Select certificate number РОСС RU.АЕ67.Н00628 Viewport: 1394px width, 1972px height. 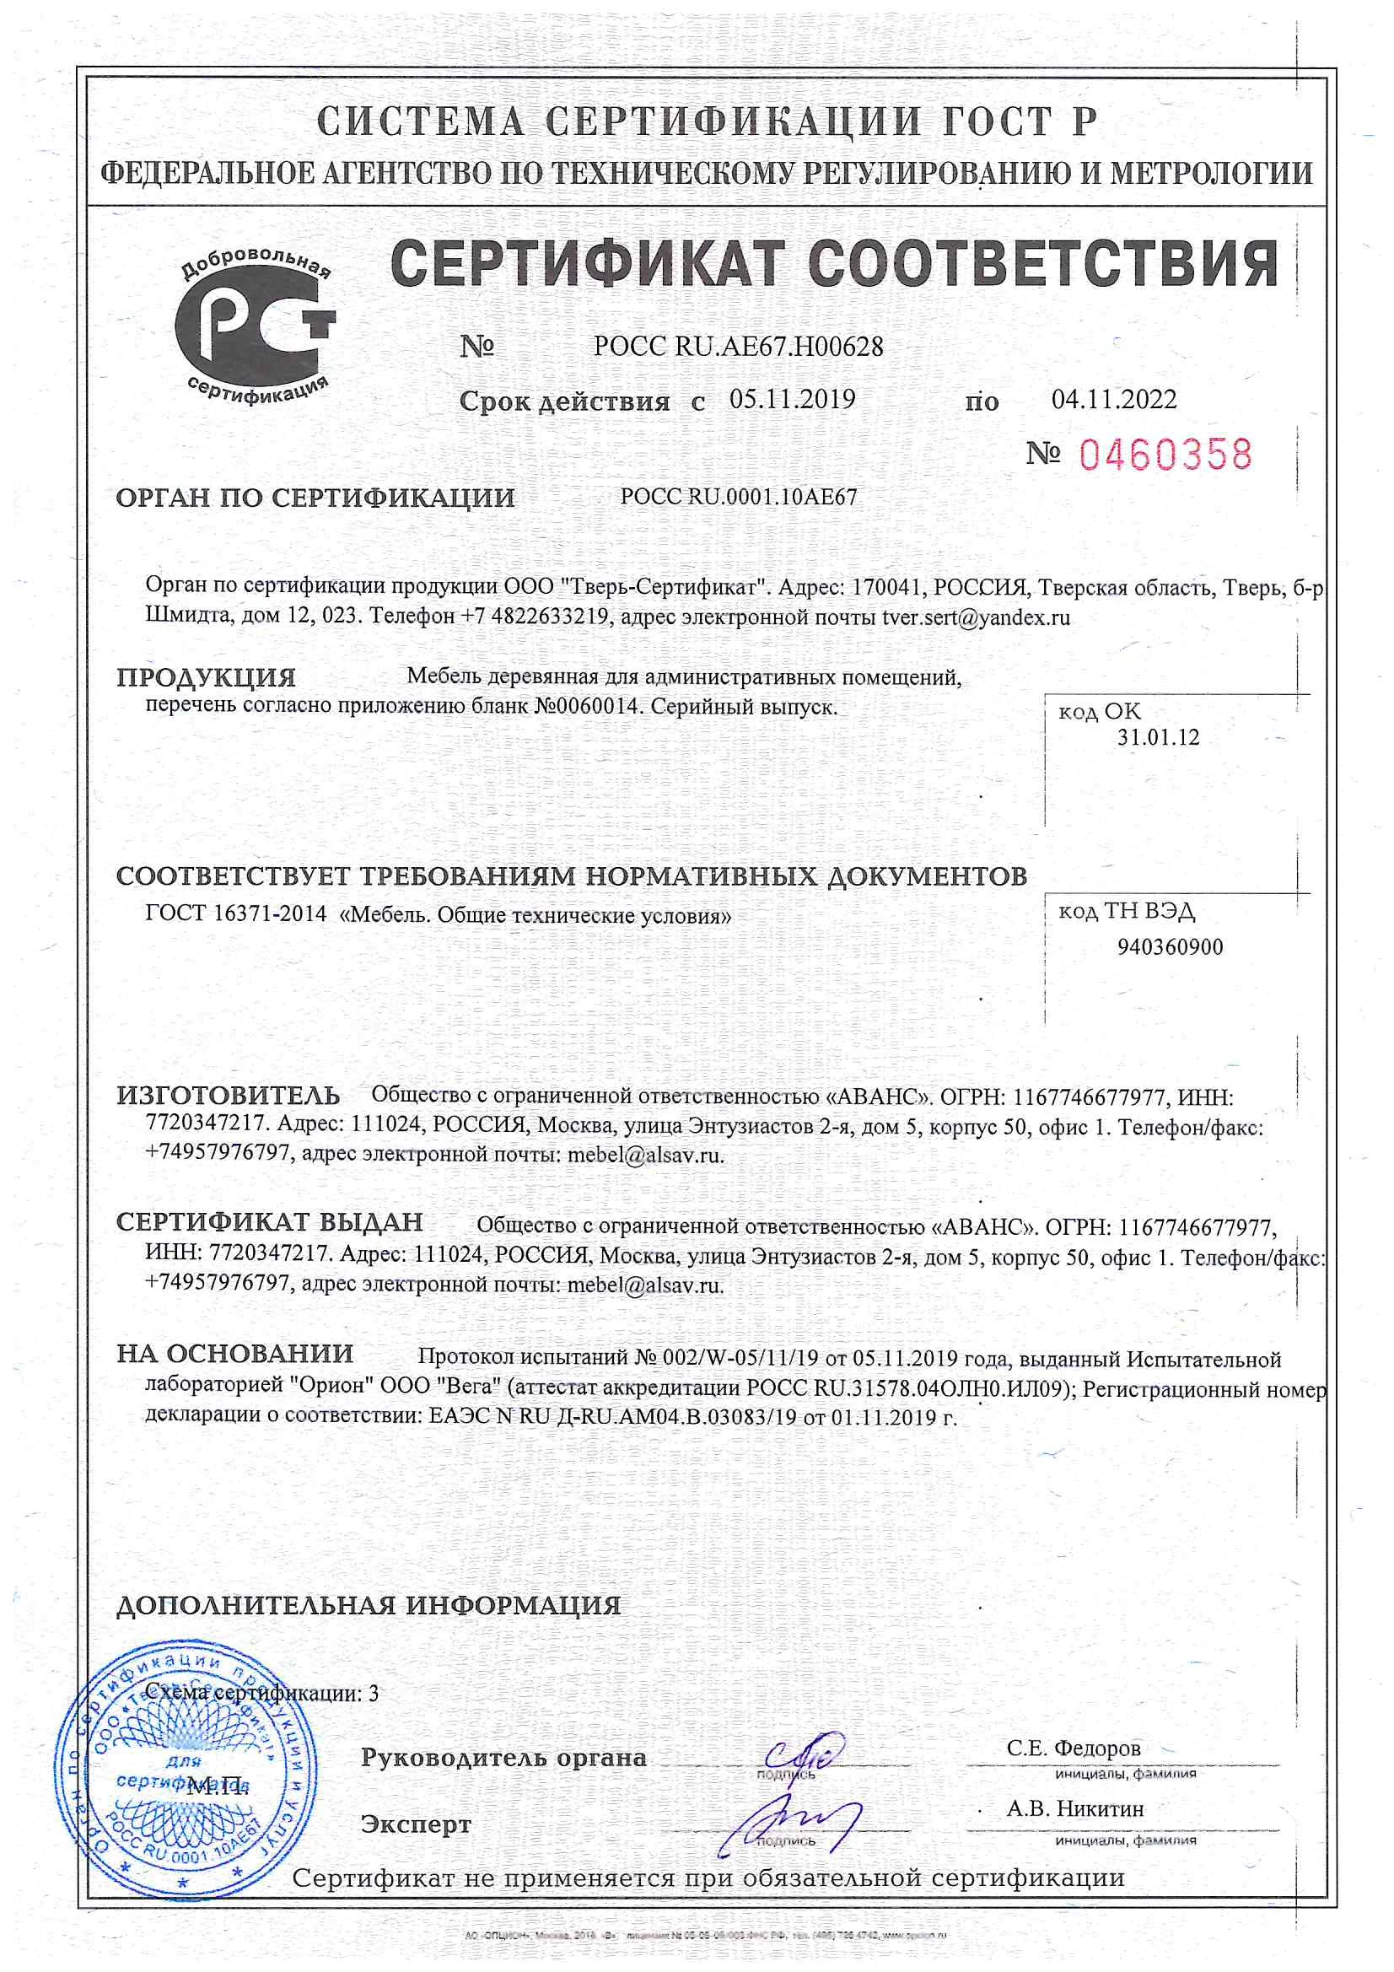[x=738, y=346]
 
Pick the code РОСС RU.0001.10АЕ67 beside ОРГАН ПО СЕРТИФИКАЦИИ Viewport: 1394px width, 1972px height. [x=738, y=497]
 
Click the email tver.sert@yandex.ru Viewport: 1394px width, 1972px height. [x=976, y=617]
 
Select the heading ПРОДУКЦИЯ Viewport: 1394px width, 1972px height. [x=205, y=677]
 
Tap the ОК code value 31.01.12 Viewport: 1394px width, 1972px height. [x=1158, y=737]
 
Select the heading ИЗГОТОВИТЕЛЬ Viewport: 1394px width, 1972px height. [x=228, y=1096]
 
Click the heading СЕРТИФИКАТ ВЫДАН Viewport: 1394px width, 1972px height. [x=269, y=1222]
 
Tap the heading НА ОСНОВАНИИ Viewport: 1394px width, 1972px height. [x=234, y=1354]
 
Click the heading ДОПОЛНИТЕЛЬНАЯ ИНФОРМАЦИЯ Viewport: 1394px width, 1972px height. [x=368, y=1605]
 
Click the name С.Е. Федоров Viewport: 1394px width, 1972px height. [x=1074, y=1748]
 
